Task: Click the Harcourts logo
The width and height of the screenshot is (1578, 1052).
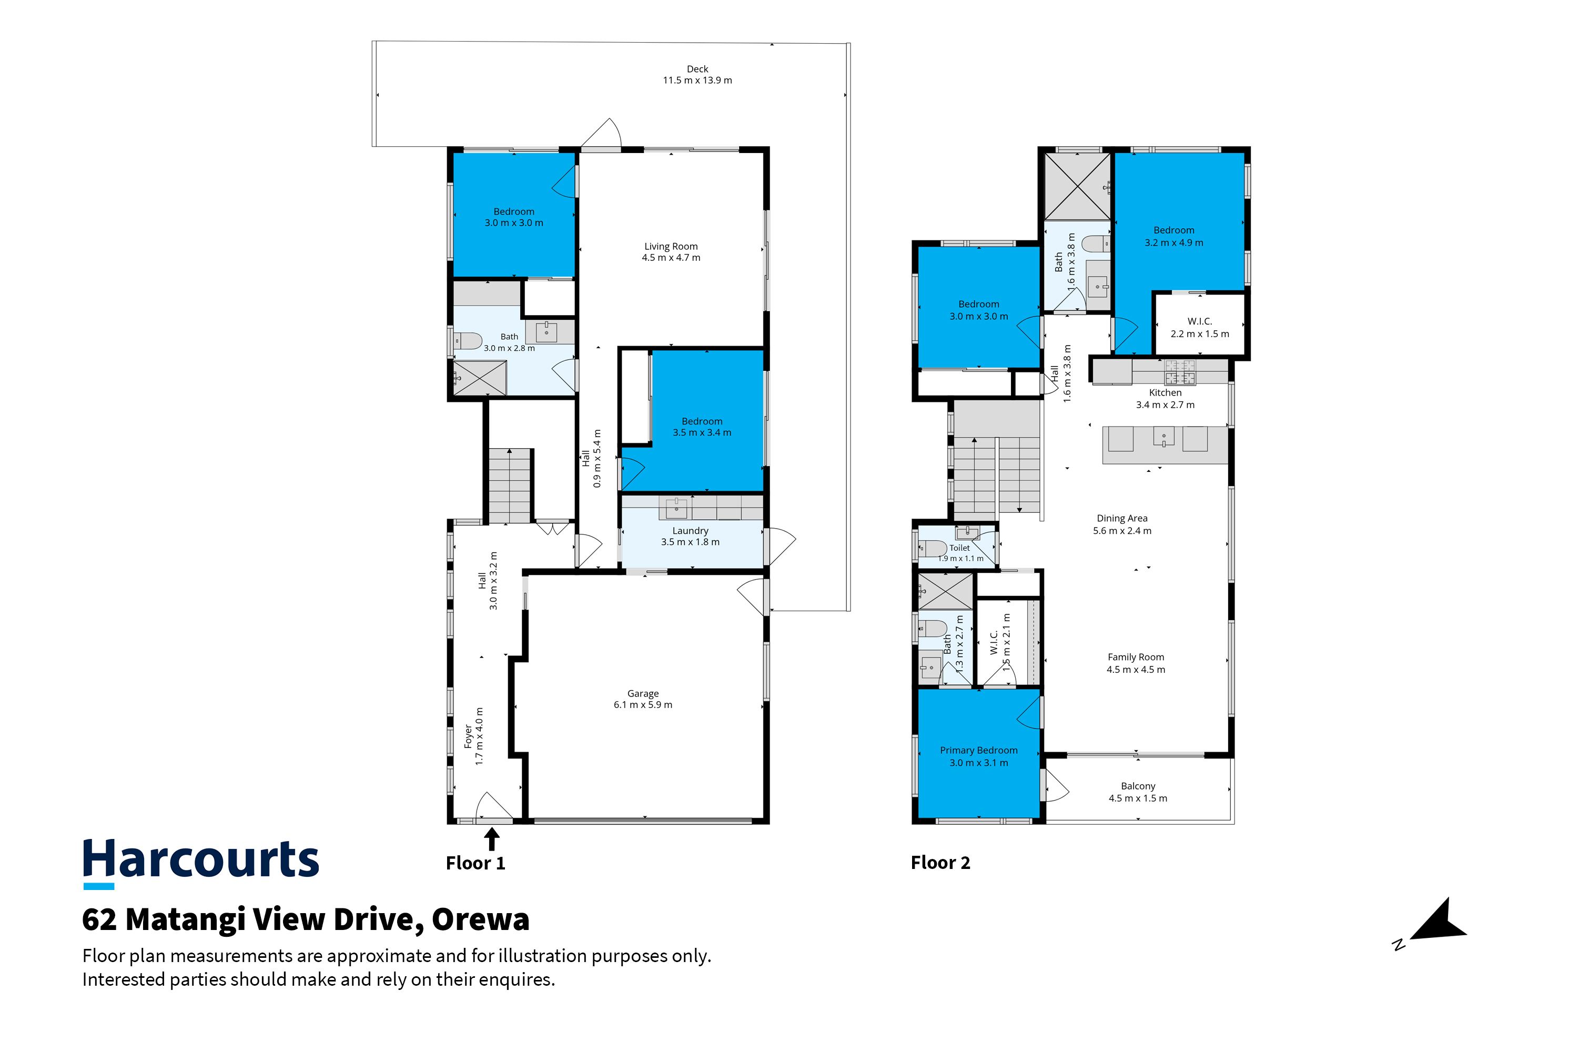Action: click(200, 863)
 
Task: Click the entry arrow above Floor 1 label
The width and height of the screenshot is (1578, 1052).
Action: click(492, 838)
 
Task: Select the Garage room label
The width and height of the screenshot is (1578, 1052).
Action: click(643, 694)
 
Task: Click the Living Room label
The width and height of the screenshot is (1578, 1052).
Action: click(671, 246)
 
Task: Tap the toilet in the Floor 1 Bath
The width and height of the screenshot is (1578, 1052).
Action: click(468, 341)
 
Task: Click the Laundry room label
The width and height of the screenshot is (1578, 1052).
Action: click(690, 531)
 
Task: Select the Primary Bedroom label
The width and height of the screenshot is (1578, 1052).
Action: click(978, 750)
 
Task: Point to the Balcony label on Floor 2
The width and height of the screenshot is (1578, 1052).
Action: click(1138, 786)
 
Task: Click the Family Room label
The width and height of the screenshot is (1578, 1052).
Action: click(1136, 657)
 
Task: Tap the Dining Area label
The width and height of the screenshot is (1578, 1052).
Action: click(1122, 518)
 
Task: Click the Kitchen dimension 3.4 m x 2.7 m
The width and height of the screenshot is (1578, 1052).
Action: click(1165, 405)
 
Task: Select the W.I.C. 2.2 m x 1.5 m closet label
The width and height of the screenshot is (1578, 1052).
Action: click(1200, 327)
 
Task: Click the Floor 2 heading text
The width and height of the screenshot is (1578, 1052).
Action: click(940, 863)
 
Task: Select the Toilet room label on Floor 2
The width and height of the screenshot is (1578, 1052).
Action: click(959, 548)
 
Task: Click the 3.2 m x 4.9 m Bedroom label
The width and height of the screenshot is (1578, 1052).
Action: click(1174, 236)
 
